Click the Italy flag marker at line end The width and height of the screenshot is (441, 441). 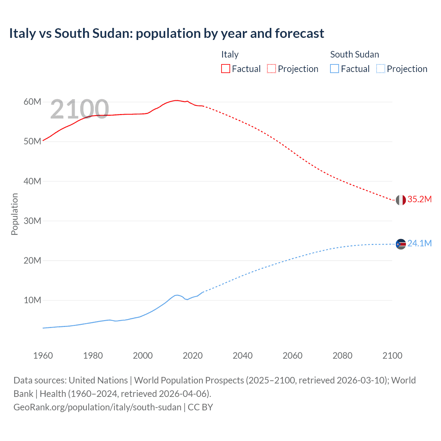pos(401,200)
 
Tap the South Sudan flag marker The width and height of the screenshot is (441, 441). pos(401,244)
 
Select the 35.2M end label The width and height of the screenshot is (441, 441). pos(419,199)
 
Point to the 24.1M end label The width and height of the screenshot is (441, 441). pos(419,243)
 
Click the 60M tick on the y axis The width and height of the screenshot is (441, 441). pos(32,102)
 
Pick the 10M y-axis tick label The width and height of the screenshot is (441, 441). pos(32,300)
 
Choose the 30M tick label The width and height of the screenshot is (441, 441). pos(32,221)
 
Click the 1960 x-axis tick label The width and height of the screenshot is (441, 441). pos(43,356)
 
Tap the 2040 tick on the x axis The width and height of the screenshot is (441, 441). pos(243,356)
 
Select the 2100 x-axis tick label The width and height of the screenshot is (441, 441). pos(392,356)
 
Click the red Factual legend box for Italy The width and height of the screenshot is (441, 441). pos(226,69)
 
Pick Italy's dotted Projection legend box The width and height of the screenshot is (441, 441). pos(271,69)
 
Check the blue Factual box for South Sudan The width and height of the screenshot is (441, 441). pos(335,69)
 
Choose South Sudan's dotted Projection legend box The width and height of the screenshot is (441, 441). pos(381,69)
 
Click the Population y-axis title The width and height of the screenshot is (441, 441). pos(14,214)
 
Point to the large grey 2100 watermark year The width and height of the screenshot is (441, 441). pos(80,109)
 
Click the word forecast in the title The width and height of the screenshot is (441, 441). pos(299,33)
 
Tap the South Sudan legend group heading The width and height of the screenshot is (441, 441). pos(355,54)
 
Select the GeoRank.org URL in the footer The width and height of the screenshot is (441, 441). pos(98,407)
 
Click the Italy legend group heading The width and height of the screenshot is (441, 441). pos(230,54)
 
